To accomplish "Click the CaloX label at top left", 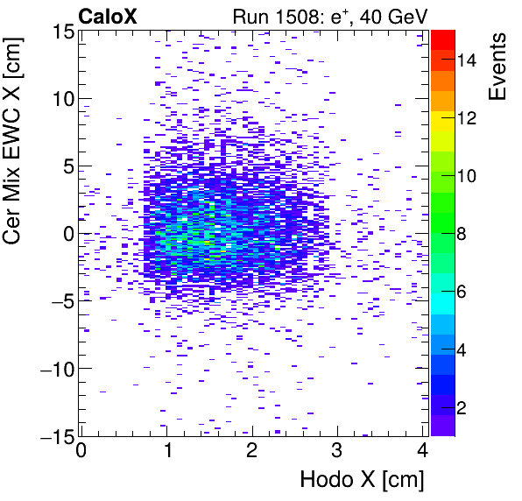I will (x=108, y=15).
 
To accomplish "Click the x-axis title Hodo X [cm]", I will (x=362, y=480).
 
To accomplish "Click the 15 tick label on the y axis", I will (x=61, y=32).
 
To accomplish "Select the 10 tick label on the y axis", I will (x=61, y=99).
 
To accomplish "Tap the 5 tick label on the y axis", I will (x=66, y=166).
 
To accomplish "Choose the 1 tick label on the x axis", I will (x=166, y=452).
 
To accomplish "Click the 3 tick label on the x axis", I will (x=337, y=452).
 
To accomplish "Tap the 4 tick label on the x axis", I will (x=422, y=452).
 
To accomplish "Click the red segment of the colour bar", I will (x=442, y=38).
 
